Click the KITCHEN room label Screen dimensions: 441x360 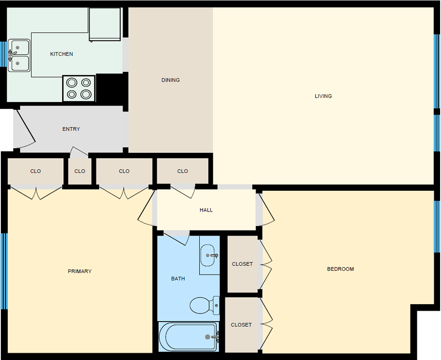click(x=61, y=54)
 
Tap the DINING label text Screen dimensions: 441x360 click(x=170, y=80)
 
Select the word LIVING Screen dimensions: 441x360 click(x=323, y=96)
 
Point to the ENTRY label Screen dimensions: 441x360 click(x=71, y=129)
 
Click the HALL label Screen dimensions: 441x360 click(x=206, y=210)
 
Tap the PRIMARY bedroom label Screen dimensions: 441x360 click(x=80, y=271)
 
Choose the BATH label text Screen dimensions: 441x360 click(x=178, y=279)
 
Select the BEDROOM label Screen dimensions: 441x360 click(x=340, y=269)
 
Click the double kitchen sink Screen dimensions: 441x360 click(x=19, y=55)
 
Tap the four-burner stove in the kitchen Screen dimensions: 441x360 click(x=79, y=88)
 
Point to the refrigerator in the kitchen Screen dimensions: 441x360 click(x=105, y=24)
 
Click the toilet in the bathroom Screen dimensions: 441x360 click(x=205, y=306)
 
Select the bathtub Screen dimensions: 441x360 click(x=188, y=337)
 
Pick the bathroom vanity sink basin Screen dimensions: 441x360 click(x=208, y=255)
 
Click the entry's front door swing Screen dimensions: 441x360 click(x=25, y=129)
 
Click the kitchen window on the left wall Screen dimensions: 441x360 click(x=4, y=54)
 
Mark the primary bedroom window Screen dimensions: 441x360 click(x=4, y=271)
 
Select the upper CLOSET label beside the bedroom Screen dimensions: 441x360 click(x=242, y=264)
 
